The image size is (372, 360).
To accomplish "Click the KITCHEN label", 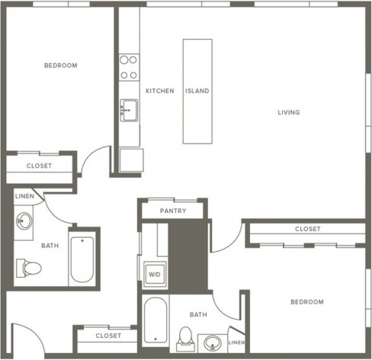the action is pos(160,91).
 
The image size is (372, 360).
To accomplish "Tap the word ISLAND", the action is pos(197,91).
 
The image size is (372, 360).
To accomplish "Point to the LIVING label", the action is pos(289,112).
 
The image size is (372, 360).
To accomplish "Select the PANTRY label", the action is pos(173,211).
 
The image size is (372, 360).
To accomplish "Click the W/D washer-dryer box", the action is pos(155,275).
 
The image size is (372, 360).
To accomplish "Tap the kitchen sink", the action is pos(129,110).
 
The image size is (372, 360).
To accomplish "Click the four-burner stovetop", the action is pos(129,67).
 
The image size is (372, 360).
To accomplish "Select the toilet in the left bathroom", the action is pos(29,268).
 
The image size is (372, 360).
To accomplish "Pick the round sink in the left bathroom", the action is pos(24,221).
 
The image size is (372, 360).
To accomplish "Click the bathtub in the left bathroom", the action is pos(82,259).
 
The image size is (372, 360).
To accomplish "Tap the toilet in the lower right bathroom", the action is pos(185,339).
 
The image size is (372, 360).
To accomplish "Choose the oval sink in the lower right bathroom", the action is pos(213,342).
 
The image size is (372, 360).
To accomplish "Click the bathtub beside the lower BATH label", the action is pos(156,320).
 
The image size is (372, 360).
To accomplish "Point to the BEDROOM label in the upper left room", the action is pos(61,66).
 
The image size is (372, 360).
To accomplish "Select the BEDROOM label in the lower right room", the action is pos(307,302).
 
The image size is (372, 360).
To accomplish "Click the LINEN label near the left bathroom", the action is pos(24,196).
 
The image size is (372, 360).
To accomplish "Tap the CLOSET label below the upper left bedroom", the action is pos(39,166).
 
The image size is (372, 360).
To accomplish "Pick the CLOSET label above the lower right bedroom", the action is pos(308,229).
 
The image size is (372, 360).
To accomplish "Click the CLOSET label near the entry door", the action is pos(108,336).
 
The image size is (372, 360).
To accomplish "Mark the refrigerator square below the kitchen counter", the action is pos(131,160).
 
